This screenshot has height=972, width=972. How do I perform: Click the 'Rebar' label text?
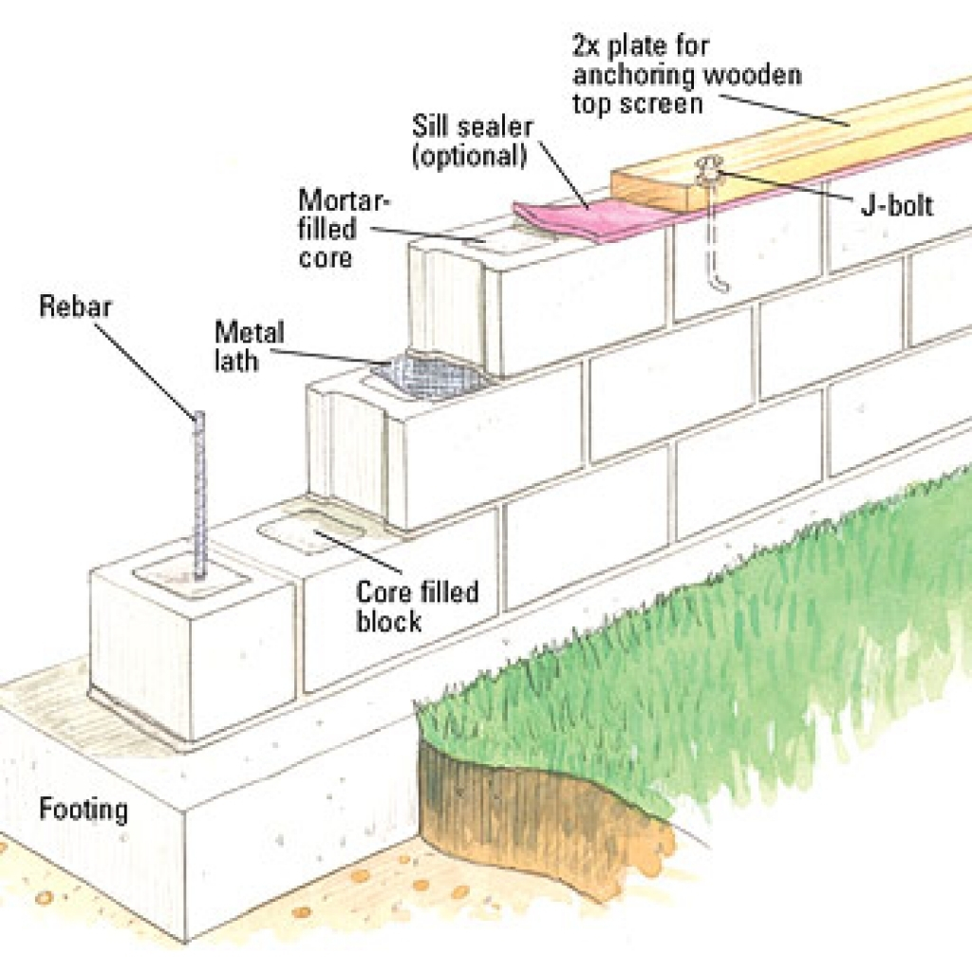tap(76, 308)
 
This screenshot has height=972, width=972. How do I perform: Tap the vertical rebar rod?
tap(199, 494)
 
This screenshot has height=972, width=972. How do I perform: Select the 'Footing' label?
tap(83, 811)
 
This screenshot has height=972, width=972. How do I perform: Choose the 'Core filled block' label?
tap(417, 607)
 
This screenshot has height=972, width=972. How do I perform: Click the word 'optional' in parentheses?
tap(469, 155)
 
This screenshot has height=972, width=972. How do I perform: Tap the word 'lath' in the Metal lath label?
tap(236, 360)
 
